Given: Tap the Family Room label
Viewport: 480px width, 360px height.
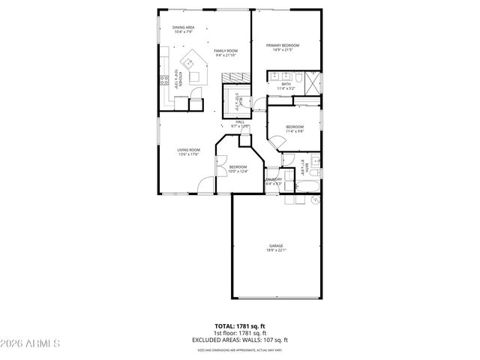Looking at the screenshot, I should pos(225,52).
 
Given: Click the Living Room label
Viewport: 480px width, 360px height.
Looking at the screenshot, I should pos(188,152).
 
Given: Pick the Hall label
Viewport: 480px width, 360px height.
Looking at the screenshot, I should pos(240,124).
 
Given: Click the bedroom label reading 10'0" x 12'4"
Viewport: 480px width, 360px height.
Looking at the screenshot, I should pos(238,169).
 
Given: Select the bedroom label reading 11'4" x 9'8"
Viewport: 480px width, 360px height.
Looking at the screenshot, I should pos(294,129).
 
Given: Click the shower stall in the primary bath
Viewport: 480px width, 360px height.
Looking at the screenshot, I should pos(313,78).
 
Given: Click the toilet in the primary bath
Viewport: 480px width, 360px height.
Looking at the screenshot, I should pos(298,77).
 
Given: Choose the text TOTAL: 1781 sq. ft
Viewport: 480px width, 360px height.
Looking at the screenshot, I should pos(240,326).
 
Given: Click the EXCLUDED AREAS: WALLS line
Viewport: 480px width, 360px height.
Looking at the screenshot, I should pos(240,338).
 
